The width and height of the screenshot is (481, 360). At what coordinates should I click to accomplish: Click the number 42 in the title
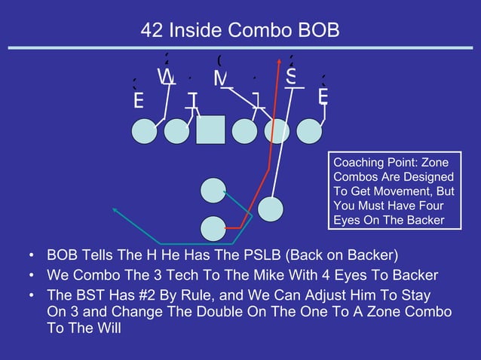(x=152, y=31)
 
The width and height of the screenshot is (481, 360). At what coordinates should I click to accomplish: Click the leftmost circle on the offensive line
(x=145, y=131)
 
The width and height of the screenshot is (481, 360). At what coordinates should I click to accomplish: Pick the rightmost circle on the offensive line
(x=309, y=131)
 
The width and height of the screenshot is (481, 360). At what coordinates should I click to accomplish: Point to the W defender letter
(x=166, y=77)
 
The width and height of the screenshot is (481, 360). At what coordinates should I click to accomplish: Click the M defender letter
(x=221, y=78)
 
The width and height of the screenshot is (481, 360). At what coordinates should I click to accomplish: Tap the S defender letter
(x=290, y=77)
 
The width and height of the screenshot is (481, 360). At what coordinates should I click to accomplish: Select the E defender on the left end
(x=138, y=100)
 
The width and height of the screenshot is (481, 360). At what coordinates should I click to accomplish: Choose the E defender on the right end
(x=323, y=97)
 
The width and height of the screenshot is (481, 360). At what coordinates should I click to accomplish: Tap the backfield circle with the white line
(x=270, y=209)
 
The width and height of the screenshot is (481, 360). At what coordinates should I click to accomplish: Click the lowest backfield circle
(x=214, y=227)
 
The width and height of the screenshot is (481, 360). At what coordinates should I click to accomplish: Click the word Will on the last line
(x=106, y=328)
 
